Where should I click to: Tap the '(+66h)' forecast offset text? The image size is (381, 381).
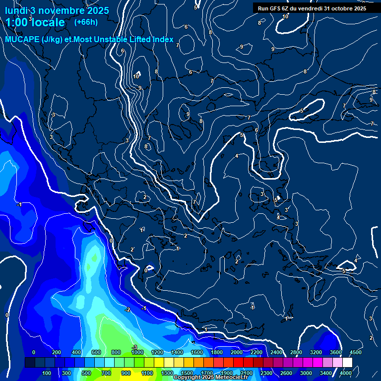pos(86,22)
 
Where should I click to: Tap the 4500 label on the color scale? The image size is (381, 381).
pos(355,352)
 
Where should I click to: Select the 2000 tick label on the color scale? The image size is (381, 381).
pos(236,352)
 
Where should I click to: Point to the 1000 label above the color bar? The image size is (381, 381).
pos(137,352)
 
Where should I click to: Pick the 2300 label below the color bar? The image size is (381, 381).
pos(266,373)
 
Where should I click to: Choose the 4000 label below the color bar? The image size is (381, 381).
pos(346,373)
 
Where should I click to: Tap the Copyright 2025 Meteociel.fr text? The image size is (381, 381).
pos(210,378)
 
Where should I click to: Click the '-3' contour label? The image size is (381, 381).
pos(134,346)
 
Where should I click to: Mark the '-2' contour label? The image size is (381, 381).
pos(127,310)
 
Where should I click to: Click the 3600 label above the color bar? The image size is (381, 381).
pos(335,352)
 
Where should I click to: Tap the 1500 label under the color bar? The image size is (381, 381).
pos(187,373)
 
